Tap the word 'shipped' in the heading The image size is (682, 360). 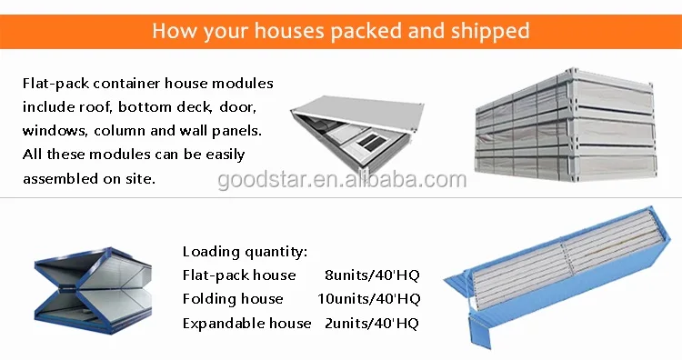tap(489, 31)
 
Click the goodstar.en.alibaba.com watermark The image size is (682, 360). tap(342, 178)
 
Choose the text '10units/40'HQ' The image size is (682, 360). tap(368, 299)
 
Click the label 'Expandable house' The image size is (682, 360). tap(246, 323)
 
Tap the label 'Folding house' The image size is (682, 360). tap(233, 299)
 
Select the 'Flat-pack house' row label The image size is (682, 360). tap(239, 275)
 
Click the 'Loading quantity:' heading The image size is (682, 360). tap(245, 252)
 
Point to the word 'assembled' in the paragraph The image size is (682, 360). tap(62, 178)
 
